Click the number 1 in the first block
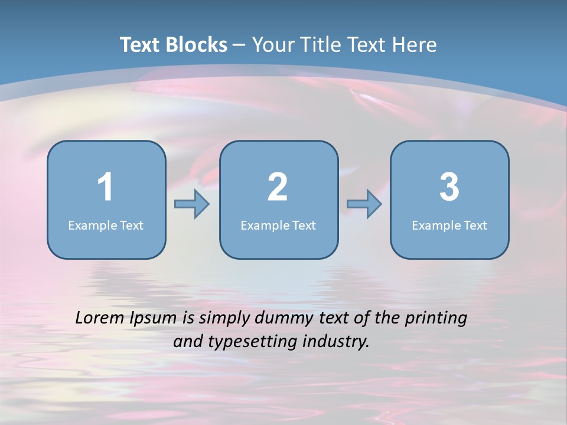[105, 187]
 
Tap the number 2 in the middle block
[278, 187]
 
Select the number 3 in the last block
[449, 187]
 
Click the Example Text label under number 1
[106, 225]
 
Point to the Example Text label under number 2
[278, 225]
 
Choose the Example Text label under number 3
[449, 225]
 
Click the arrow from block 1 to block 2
[192, 204]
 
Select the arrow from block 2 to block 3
[364, 204]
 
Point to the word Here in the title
[416, 45]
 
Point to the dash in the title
[239, 45]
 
